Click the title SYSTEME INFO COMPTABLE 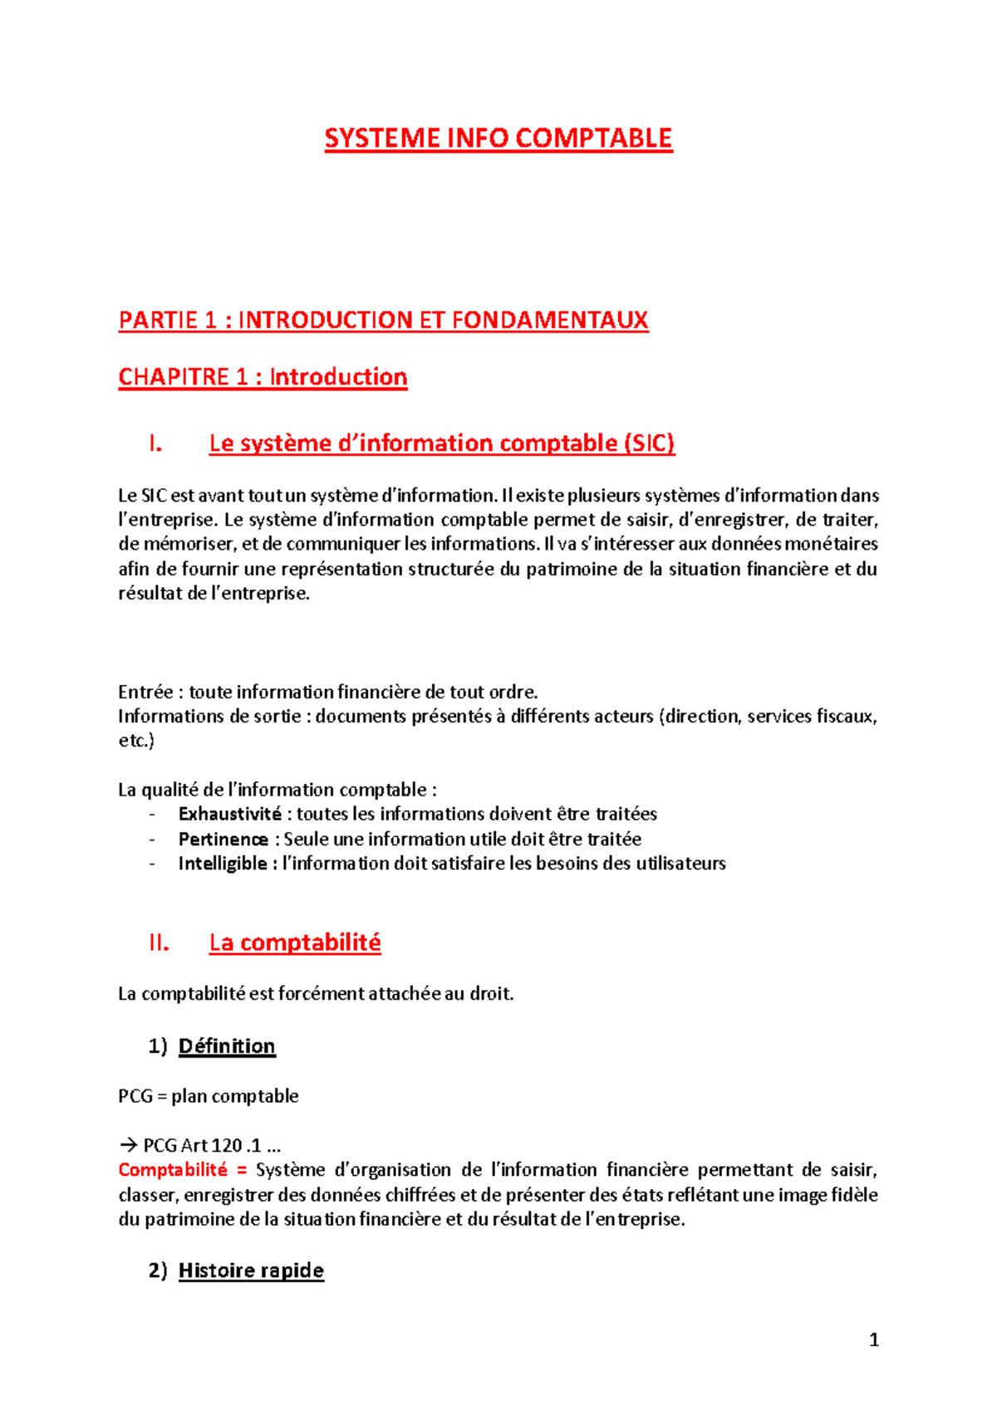click(x=498, y=138)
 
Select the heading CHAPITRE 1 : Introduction click(x=263, y=377)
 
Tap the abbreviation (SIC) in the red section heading click(x=648, y=443)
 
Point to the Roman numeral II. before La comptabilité click(x=159, y=943)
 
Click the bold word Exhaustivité click(x=229, y=814)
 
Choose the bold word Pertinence click(x=223, y=839)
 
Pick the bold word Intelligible click(x=223, y=864)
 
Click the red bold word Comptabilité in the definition click(x=173, y=1170)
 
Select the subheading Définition click(x=227, y=1046)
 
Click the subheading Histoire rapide click(x=251, y=1270)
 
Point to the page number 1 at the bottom click(x=873, y=1339)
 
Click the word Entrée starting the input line click(x=145, y=692)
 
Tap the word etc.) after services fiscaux click(x=136, y=741)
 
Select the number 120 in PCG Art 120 click(x=227, y=1146)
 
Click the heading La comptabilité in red click(x=295, y=943)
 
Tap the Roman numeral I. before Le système click(x=155, y=444)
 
